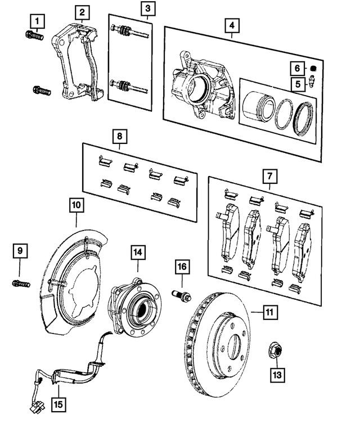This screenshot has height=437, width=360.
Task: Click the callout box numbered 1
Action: point(37,22)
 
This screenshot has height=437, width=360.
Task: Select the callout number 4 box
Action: point(231,25)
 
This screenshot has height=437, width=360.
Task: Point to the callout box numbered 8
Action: point(119,136)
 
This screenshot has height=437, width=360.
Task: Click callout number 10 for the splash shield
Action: point(76,205)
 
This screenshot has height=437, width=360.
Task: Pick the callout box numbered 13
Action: point(276,373)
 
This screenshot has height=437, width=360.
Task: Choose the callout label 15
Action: point(57,403)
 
